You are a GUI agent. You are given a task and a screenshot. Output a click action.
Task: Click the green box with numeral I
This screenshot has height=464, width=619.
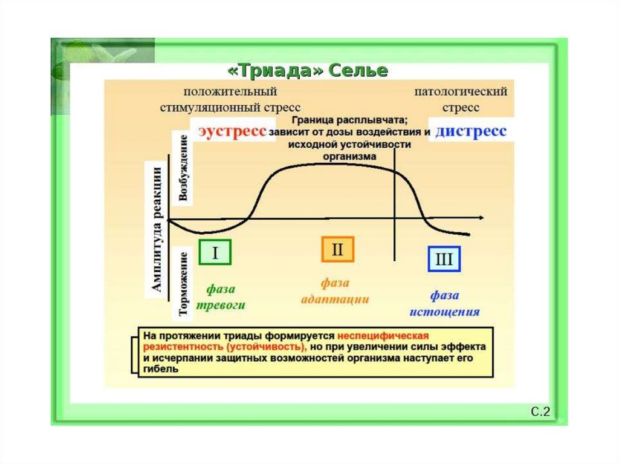215,253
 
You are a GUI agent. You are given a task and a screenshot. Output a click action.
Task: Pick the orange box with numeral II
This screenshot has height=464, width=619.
337,249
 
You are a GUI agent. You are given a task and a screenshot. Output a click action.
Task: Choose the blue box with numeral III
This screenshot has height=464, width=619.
444,259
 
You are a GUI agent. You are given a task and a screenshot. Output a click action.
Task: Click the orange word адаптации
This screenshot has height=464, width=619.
335,299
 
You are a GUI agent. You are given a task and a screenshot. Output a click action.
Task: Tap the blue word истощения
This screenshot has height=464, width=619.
445,312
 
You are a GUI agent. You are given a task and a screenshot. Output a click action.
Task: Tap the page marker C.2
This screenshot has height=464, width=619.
540,413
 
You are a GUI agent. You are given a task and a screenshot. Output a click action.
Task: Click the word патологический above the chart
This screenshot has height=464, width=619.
461,91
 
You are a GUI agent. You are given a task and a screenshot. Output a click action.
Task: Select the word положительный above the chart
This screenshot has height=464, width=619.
231,91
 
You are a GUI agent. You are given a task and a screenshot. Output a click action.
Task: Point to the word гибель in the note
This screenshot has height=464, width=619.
161,369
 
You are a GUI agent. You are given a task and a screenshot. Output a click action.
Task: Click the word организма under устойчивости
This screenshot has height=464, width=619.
349,155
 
